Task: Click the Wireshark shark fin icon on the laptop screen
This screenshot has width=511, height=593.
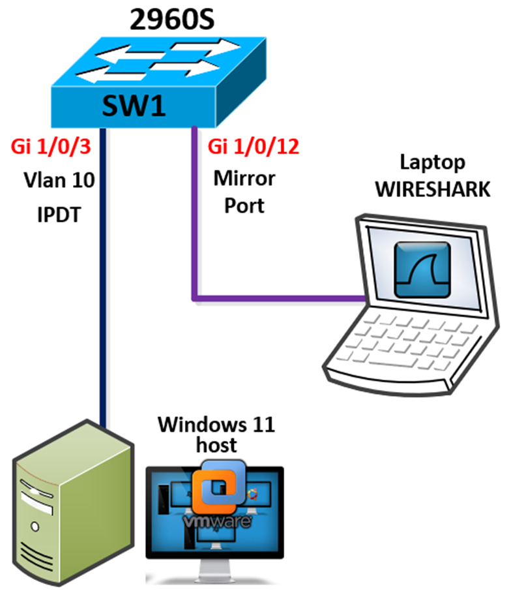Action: [x=423, y=269]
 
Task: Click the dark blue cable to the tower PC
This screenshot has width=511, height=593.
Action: [x=102, y=294]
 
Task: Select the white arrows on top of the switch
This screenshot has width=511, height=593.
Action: [x=160, y=59]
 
